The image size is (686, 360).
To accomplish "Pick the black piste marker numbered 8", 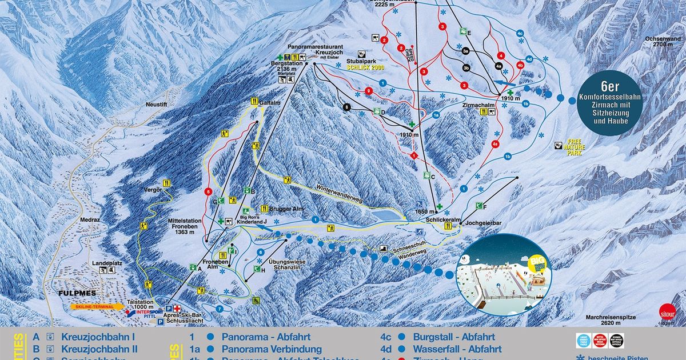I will coord(346,106).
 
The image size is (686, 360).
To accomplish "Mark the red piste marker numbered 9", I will coord(369,91).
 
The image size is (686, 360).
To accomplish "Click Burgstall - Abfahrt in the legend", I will coord(454,337).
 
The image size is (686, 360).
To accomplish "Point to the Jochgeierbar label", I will coord(483,223).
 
